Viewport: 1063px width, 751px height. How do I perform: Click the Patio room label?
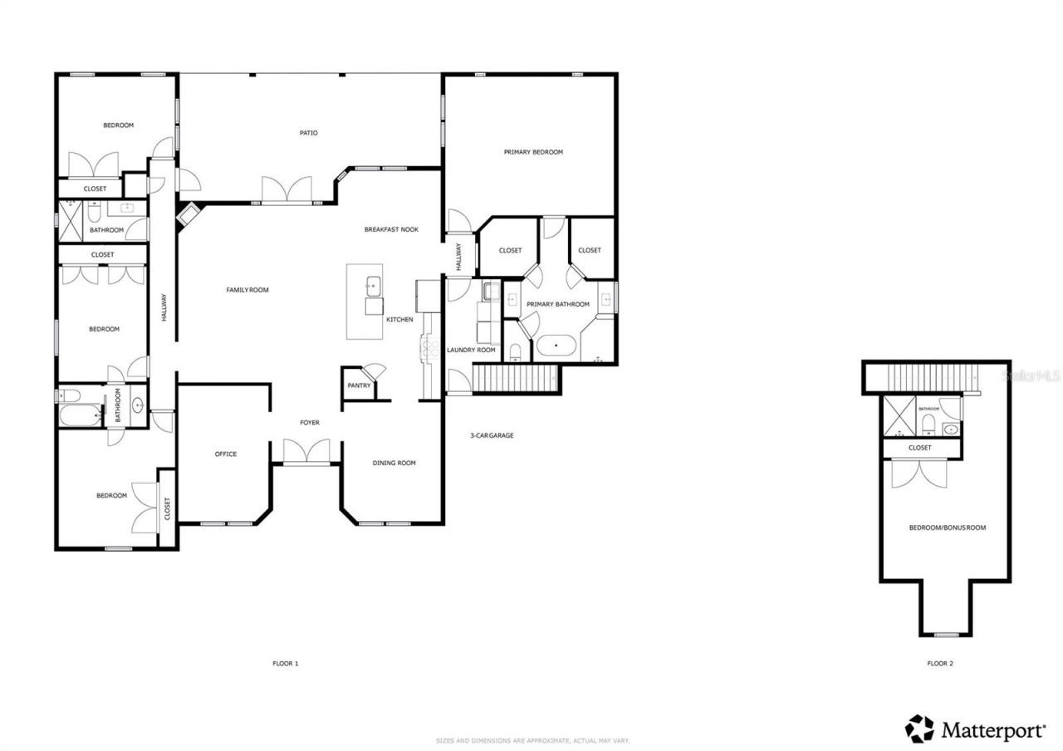tap(308, 133)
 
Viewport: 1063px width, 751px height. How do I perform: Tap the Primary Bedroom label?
tap(533, 152)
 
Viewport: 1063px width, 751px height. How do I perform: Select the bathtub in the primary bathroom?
tap(557, 345)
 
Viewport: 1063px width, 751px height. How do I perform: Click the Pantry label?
tap(359, 385)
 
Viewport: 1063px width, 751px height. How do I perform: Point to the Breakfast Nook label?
tap(391, 229)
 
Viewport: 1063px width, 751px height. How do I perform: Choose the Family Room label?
tap(247, 290)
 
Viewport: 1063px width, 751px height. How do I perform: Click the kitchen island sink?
tap(372, 286)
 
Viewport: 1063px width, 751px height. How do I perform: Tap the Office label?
tap(226, 454)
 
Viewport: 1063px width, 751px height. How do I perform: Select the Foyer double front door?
tap(306, 452)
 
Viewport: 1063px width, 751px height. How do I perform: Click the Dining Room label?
tap(394, 463)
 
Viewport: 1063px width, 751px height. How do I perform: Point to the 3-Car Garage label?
tap(492, 435)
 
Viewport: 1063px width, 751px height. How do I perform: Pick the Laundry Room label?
tap(471, 350)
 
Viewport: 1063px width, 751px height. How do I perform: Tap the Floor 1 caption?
tap(285, 664)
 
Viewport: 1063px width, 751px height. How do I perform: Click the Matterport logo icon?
tap(919, 729)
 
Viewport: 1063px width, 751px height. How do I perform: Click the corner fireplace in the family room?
tap(188, 214)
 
